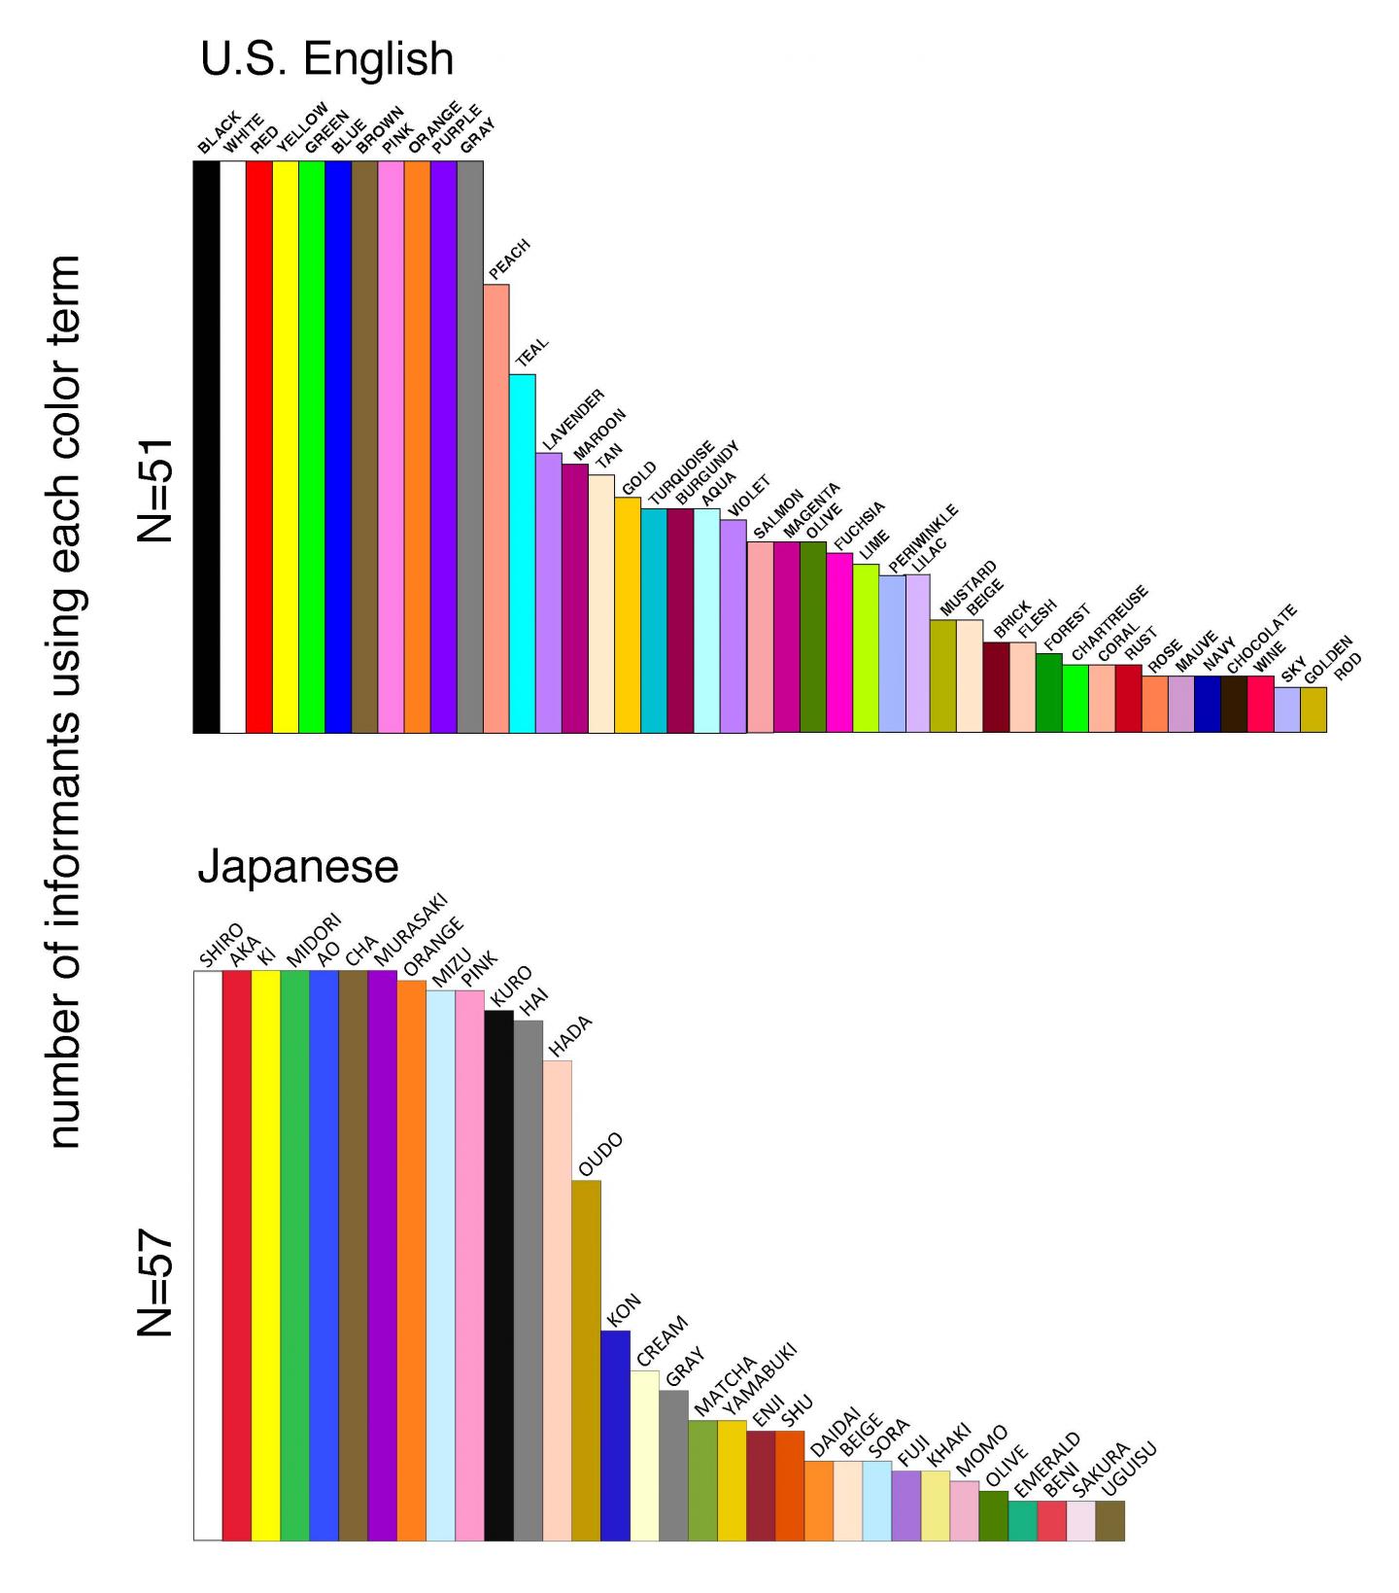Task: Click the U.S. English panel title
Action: tap(326, 59)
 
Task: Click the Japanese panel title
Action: tap(297, 866)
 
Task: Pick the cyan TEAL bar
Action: tap(523, 553)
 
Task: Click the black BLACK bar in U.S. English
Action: tap(206, 447)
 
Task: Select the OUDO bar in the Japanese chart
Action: tap(586, 1361)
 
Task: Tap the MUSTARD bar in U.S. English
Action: tap(943, 675)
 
